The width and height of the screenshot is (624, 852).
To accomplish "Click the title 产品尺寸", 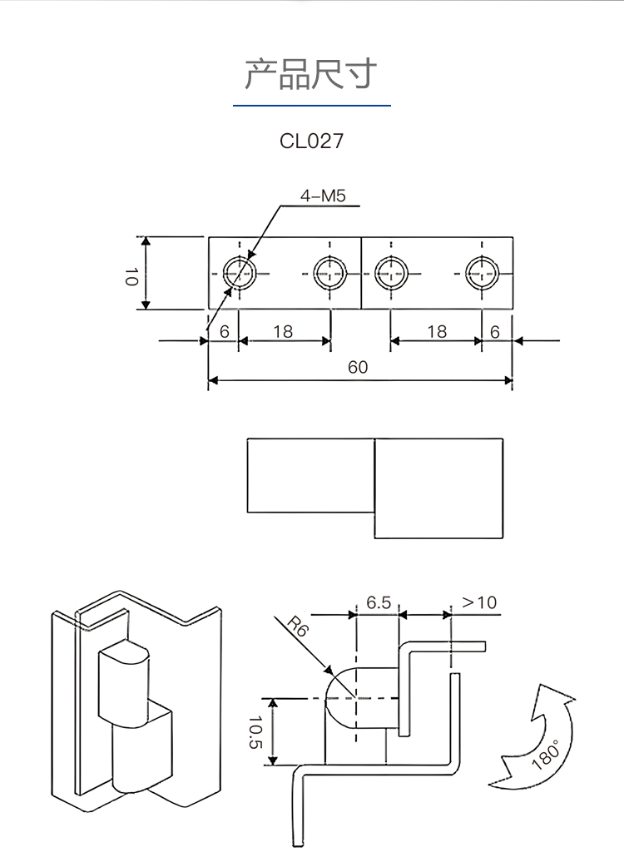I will pyautogui.click(x=311, y=75).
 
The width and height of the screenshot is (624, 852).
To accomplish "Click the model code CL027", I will pyautogui.click(x=311, y=141).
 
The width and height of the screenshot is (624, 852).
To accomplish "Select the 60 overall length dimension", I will pyautogui.click(x=358, y=367).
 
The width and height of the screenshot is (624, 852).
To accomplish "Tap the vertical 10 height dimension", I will pyautogui.click(x=131, y=275).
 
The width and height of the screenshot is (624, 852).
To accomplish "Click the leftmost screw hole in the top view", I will pyautogui.click(x=240, y=272).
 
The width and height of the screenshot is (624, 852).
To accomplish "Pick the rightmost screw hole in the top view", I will pyautogui.click(x=482, y=272).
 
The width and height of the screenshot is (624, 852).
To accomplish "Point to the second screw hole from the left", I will pyautogui.click(x=330, y=272).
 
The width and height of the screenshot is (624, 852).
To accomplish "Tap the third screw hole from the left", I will pyautogui.click(x=391, y=272).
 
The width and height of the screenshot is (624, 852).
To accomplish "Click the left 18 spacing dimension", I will pyautogui.click(x=283, y=331).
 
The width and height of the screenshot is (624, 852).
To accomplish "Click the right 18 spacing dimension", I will pyautogui.click(x=437, y=331).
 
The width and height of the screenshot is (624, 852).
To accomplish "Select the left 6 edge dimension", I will pyautogui.click(x=224, y=331).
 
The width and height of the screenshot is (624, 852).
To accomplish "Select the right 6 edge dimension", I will pyautogui.click(x=495, y=331).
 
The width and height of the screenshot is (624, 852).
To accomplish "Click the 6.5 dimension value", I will pyautogui.click(x=379, y=602).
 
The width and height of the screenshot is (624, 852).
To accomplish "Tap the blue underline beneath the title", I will pyautogui.click(x=311, y=106).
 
